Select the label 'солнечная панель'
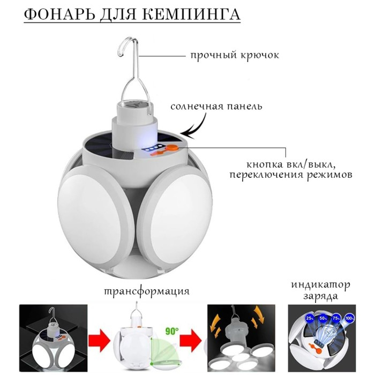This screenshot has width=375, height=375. click(216, 106)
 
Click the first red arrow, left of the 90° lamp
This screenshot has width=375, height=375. click(100, 339)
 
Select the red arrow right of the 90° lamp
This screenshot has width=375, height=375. click(191, 339)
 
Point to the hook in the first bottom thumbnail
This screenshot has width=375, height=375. click(52, 313)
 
